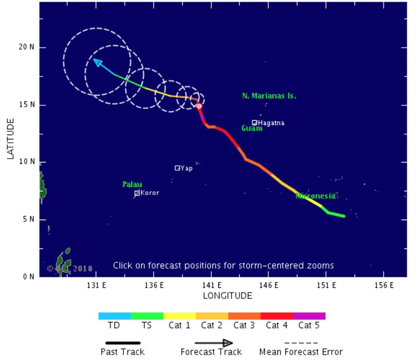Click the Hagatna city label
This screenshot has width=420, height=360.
tap(272, 123)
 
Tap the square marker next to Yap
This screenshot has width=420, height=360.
tap(177, 168)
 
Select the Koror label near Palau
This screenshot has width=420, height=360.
tap(149, 193)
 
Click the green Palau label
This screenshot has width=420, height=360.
tap(132, 185)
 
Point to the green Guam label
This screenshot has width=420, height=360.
tap(252, 128)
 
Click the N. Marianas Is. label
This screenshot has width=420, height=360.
tap(269, 96)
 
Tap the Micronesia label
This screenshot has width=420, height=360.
tap(315, 196)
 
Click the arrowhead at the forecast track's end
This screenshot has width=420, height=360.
tap(97, 62)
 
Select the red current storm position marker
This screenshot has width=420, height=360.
tap(198, 106)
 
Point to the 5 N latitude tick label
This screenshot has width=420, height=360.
tap(28, 220)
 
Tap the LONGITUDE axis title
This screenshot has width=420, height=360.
tap(227, 296)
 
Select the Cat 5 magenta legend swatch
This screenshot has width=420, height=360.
tap(309, 316)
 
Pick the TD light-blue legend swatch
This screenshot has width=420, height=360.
tap(114, 316)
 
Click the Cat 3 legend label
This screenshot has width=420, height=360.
tap(244, 325)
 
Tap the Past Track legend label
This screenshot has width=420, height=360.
tap(123, 352)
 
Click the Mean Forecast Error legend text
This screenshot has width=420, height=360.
tap(301, 352)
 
